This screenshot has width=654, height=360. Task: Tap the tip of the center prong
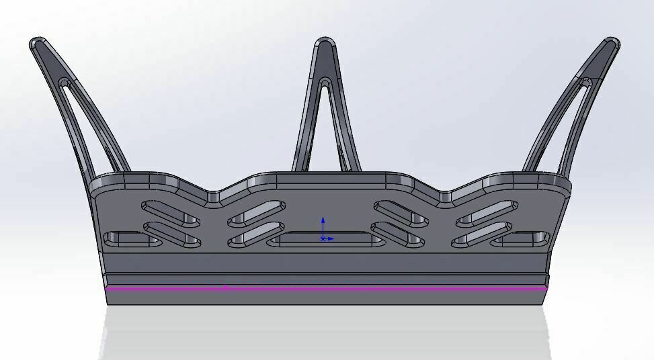coord(325,44)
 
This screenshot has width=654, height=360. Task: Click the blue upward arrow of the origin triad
coord(323,222)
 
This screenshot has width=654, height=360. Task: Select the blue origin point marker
coord(323,238)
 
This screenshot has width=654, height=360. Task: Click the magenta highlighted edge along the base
coord(403,289)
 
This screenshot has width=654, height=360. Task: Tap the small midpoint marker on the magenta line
coord(226,288)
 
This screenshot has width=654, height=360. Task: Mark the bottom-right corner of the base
coord(546,304)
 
